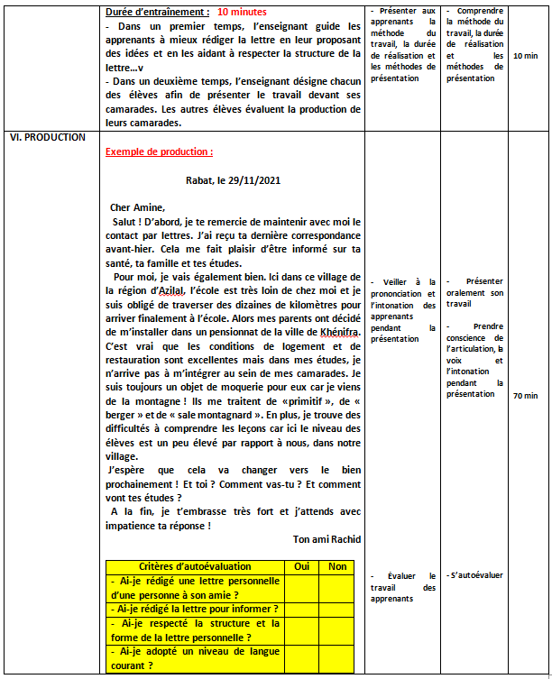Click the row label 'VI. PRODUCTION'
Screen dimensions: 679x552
(x=47, y=137)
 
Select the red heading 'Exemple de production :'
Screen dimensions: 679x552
(x=159, y=152)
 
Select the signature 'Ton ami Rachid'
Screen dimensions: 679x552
(x=327, y=539)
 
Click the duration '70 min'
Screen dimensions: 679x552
(x=524, y=395)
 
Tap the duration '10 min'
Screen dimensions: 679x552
(x=524, y=56)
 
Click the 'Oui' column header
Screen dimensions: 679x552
(x=302, y=566)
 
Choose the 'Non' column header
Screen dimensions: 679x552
(x=337, y=566)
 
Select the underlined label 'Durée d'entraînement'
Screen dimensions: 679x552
(x=156, y=13)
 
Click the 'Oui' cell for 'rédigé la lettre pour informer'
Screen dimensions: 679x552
(x=302, y=609)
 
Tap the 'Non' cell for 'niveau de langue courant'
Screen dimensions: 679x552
(x=337, y=657)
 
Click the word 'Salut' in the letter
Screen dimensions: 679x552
(x=126, y=221)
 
